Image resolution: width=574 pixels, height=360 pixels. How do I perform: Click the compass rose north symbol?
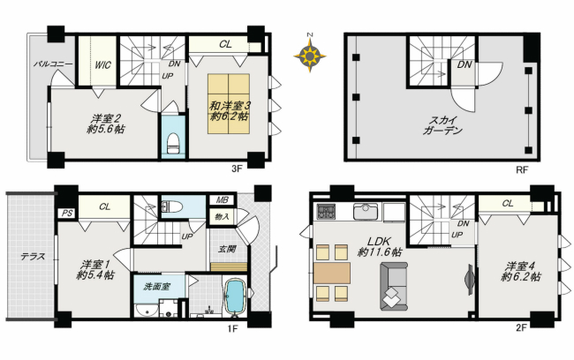coord(310,56)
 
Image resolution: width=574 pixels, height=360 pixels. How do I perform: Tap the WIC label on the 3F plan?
coord(102,65)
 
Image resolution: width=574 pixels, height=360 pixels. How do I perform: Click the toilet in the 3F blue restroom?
coord(173,144)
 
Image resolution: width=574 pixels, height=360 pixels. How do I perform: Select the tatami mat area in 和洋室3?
coord(229,104)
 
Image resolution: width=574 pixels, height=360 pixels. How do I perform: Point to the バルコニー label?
coord(54,64)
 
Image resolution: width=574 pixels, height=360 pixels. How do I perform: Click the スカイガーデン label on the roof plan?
coord(442,125)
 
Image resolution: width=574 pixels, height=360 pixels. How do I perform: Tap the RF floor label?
coord(522,169)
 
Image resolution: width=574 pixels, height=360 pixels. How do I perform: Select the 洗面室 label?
coord(156,287)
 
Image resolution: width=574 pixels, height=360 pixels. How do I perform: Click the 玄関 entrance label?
coord(227,249)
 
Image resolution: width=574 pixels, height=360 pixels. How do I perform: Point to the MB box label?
coord(223,199)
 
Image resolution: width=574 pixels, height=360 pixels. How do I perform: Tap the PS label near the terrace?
coord(67,213)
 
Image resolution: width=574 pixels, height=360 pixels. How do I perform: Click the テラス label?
coord(33,257)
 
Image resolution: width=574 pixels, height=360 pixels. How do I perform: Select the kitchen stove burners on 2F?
coord(326,212)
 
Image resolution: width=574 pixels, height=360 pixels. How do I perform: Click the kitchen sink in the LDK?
coord(365,212)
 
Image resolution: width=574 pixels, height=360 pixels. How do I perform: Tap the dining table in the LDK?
coord(332,273)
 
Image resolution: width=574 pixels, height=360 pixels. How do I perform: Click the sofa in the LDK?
coord(393,286)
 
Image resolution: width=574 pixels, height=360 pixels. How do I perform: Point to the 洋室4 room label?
coord(520,271)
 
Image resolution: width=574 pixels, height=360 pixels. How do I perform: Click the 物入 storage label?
coord(223,216)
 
